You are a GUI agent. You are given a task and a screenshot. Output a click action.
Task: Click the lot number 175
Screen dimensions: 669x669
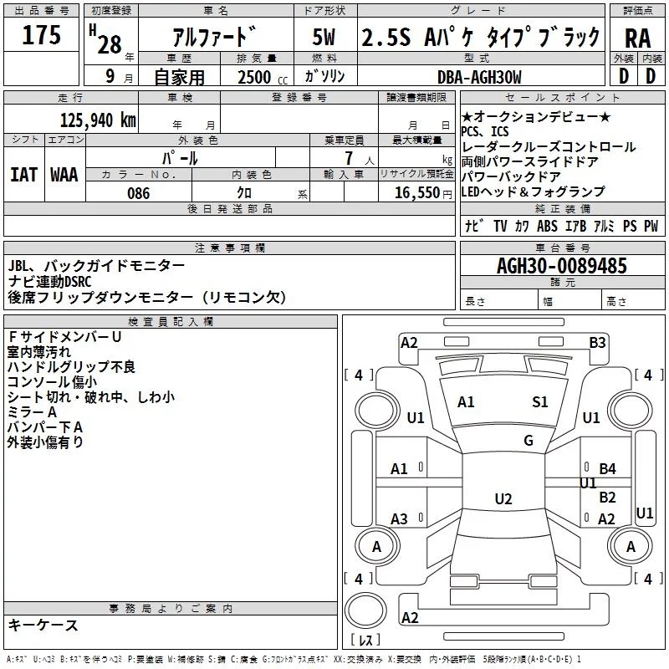tap(42, 36)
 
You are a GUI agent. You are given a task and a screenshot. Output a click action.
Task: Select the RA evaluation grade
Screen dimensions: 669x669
tap(637, 38)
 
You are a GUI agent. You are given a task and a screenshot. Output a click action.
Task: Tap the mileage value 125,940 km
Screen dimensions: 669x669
tap(97, 120)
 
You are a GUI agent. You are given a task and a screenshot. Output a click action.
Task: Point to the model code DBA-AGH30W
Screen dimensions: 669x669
tap(479, 77)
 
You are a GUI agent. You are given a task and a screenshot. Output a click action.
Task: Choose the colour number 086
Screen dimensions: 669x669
tap(138, 193)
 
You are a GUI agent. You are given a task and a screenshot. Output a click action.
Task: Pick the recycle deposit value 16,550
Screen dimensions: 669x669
tap(418, 193)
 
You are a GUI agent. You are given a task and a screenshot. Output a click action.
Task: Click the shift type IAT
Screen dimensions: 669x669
tap(23, 175)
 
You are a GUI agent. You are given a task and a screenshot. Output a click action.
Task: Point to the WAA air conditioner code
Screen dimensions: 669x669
tap(64, 175)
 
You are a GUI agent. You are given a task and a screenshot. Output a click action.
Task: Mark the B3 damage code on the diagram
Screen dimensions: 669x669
tap(597, 342)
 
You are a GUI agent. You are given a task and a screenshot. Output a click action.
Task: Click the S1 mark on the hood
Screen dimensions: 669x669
tap(540, 402)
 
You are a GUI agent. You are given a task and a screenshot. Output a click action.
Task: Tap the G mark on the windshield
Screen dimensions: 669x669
tap(528, 441)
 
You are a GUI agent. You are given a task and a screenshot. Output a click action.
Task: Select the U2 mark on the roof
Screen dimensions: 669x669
tap(503, 499)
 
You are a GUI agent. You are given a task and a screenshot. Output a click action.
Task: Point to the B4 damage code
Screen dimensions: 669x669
tap(607, 469)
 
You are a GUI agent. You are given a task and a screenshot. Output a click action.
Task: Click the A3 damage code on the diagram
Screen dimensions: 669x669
tap(400, 519)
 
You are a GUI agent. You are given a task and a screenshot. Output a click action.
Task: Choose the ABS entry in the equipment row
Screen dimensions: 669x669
tap(547, 226)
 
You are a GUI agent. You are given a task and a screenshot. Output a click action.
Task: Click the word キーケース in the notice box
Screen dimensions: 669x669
tap(43, 626)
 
